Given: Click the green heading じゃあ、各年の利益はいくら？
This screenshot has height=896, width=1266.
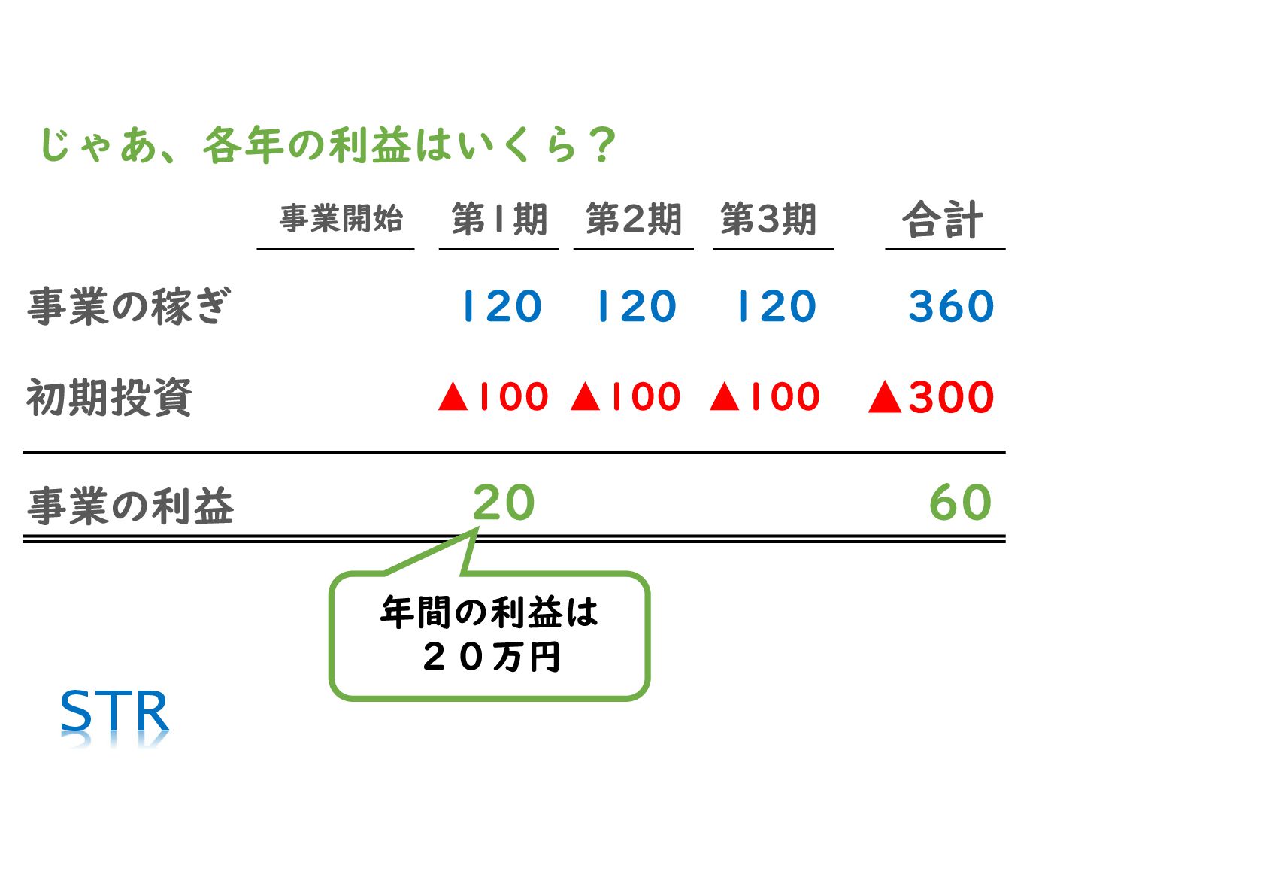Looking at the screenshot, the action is [x=327, y=145].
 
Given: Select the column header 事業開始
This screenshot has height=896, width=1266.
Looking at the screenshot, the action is [x=341, y=219].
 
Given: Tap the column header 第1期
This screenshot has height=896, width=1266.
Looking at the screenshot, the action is [x=498, y=220].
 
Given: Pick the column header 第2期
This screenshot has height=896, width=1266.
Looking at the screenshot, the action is [x=633, y=220].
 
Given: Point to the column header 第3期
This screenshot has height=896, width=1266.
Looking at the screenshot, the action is [x=768, y=220].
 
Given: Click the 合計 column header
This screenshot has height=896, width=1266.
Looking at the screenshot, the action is [x=942, y=220].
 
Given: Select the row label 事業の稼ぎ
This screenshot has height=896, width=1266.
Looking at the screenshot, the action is [x=129, y=306].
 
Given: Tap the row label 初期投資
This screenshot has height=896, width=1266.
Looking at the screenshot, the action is [x=109, y=397].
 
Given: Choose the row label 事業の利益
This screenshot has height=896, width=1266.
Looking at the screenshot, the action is [x=130, y=506].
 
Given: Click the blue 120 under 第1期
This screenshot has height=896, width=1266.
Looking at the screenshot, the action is [x=501, y=306].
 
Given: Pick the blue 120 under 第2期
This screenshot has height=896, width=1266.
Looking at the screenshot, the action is [x=636, y=306].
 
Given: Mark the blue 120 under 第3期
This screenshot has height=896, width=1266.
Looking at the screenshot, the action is [x=776, y=306].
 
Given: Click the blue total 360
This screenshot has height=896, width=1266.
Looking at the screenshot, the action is [x=950, y=306].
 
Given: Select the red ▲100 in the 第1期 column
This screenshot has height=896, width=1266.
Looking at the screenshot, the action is [x=493, y=396].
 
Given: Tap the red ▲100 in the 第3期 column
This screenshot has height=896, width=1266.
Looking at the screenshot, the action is [x=765, y=396].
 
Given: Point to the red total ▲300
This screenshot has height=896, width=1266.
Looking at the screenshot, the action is [x=931, y=396].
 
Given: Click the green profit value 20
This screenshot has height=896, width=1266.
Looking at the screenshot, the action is [x=504, y=503].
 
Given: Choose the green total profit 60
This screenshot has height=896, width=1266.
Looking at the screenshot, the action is [x=960, y=503].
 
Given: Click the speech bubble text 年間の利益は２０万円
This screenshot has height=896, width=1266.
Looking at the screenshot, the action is [x=489, y=634].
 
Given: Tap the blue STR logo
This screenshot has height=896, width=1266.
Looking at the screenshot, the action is [x=114, y=712].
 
